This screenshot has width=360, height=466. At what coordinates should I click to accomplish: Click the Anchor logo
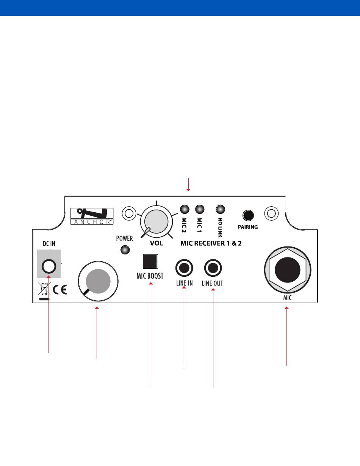click(92, 216)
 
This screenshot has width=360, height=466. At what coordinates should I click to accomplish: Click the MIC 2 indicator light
click(185, 209)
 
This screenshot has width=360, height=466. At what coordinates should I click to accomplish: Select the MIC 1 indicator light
click(199, 209)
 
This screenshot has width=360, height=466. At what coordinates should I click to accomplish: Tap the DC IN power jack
click(49, 267)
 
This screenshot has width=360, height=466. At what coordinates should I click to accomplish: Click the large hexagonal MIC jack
click(287, 270)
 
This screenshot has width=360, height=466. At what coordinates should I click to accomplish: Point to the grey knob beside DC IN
click(98, 281)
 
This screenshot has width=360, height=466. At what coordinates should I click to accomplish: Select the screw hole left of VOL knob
click(129, 213)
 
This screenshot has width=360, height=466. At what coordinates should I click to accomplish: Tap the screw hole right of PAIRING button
click(271, 213)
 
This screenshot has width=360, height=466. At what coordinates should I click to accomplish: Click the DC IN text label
click(48, 244)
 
